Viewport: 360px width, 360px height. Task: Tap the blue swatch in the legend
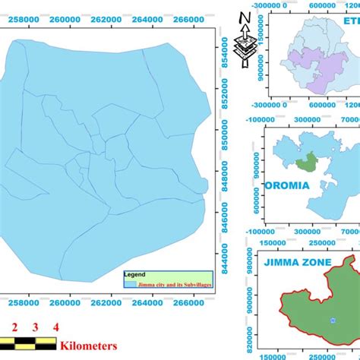[130, 283]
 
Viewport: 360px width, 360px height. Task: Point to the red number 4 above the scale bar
[55, 328]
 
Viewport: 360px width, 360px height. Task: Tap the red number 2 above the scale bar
[14, 328]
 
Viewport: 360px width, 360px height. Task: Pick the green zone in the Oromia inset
[308, 161]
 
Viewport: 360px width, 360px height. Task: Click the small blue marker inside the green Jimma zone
[332, 320]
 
